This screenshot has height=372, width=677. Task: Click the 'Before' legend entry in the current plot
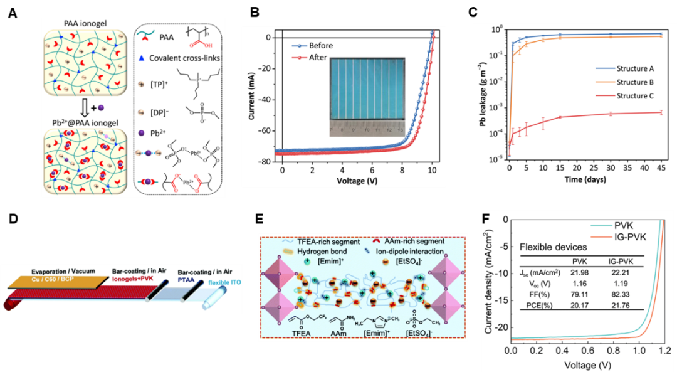coord(320,46)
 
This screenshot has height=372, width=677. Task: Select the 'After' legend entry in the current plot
coord(317,58)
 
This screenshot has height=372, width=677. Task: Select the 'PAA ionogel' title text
coord(82,23)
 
